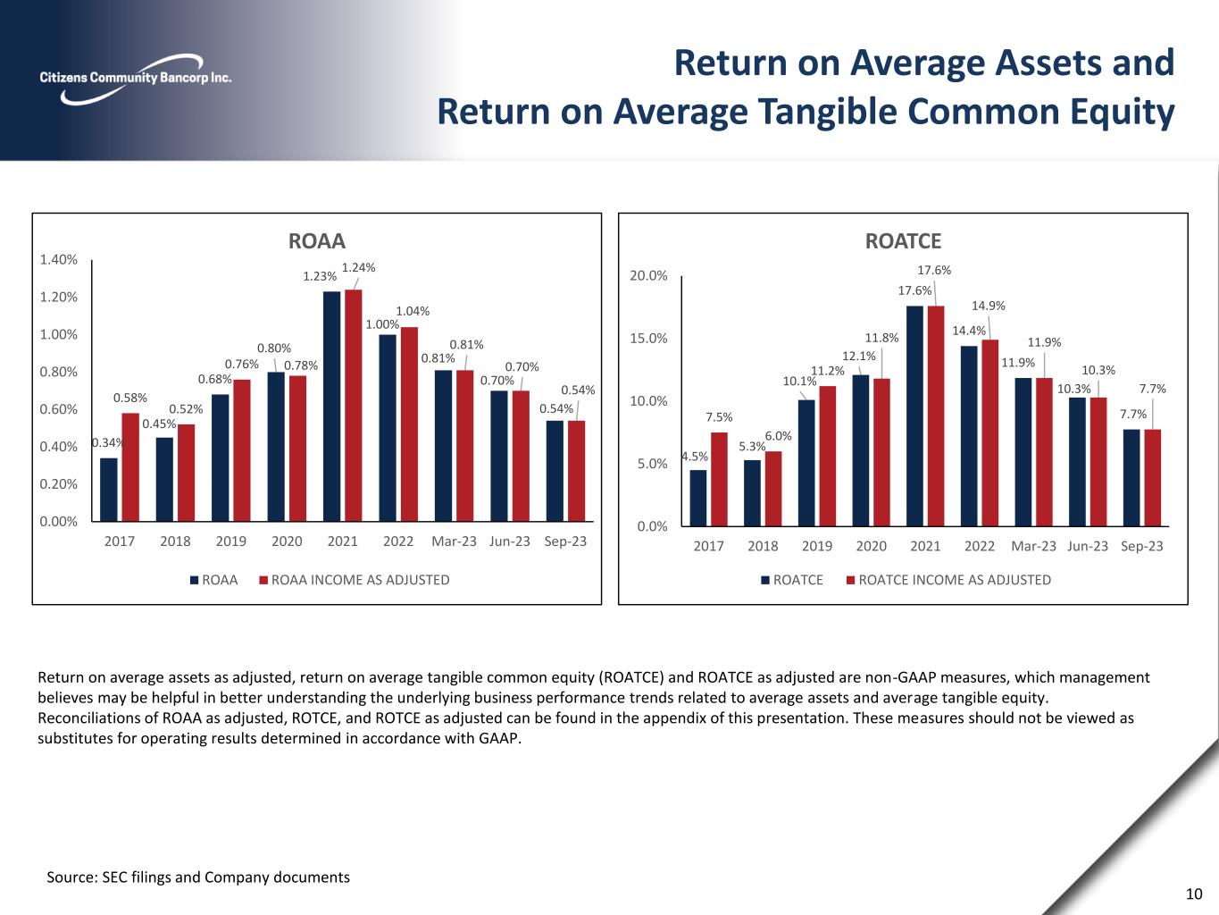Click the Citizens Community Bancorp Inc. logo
pyautogui.click(x=135, y=77)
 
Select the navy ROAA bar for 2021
pyautogui.click(x=331, y=406)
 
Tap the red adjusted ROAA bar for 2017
pyautogui.click(x=130, y=466)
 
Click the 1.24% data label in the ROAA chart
pyautogui.click(x=358, y=267)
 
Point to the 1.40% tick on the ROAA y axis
pyautogui.click(x=58, y=260)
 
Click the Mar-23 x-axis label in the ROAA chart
pyautogui.click(x=454, y=541)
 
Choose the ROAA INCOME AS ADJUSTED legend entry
pyautogui.click(x=354, y=580)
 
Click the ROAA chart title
pyautogui.click(x=316, y=241)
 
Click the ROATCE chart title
pyautogui.click(x=903, y=241)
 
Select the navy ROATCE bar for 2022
pyautogui.click(x=969, y=435)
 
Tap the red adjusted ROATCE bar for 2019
pyautogui.click(x=828, y=456)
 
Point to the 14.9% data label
pyautogui.click(x=989, y=306)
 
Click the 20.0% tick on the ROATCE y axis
pyautogui.click(x=649, y=276)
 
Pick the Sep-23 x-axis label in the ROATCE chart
pyautogui.click(x=1142, y=546)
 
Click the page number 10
pyautogui.click(x=1194, y=894)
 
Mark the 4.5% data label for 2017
pyautogui.click(x=695, y=457)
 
